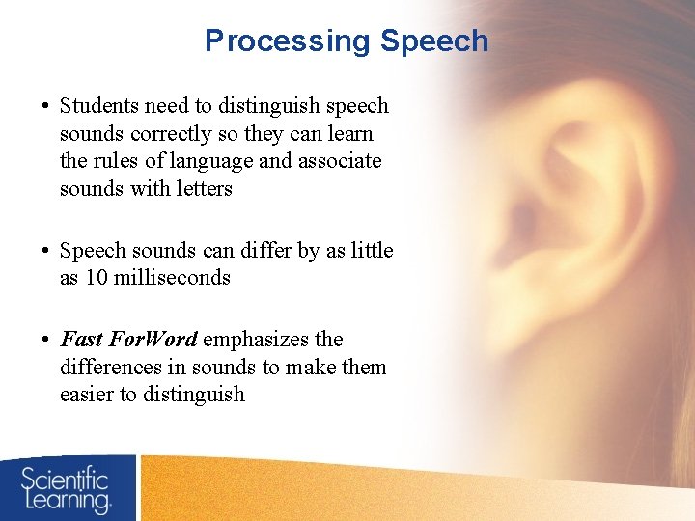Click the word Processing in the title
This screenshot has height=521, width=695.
click(x=288, y=41)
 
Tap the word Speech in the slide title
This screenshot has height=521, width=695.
click(x=434, y=41)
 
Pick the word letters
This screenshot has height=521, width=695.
click(x=201, y=189)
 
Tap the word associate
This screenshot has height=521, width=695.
click(x=340, y=161)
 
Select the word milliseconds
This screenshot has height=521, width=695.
click(x=171, y=278)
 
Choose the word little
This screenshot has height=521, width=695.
click(x=372, y=251)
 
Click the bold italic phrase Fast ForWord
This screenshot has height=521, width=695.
click(x=128, y=340)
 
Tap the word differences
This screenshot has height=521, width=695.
click(x=107, y=368)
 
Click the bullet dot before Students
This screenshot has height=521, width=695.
click(x=46, y=107)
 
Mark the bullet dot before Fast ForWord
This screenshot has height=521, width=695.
click(x=46, y=341)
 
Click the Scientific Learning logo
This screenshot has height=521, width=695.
click(x=68, y=488)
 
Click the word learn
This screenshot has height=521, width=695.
click(x=349, y=133)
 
